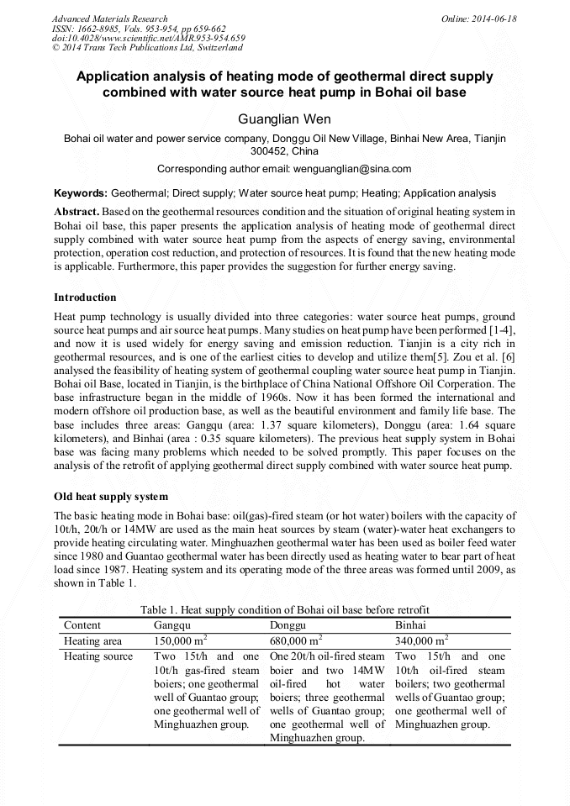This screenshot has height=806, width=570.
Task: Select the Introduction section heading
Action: (85, 298)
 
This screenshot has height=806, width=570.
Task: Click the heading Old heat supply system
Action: (111, 496)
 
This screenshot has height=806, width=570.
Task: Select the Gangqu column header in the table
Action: (172, 625)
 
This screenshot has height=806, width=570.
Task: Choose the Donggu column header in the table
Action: (288, 625)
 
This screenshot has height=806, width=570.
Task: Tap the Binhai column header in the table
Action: (410, 625)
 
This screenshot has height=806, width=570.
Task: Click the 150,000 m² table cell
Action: (181, 640)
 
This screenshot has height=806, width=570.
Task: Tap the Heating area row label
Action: (93, 640)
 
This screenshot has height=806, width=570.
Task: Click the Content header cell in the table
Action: (82, 625)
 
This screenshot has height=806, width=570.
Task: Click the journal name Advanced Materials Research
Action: (109, 18)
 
